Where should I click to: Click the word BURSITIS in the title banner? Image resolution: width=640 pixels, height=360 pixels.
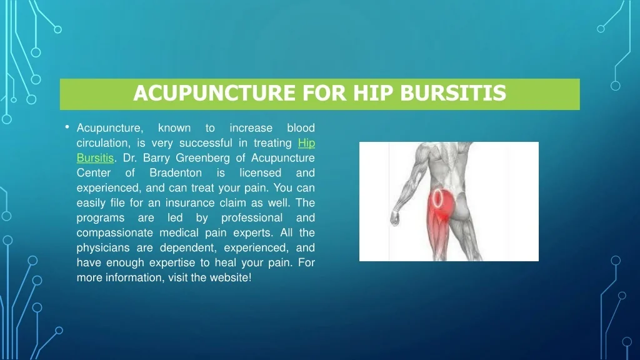click(453, 93)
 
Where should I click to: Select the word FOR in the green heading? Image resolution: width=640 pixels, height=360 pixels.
click(325, 93)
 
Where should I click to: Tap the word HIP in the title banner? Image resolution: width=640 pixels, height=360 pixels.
click(373, 93)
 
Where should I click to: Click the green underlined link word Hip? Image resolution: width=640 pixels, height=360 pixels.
click(306, 143)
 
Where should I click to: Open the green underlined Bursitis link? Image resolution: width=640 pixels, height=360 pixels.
click(95, 158)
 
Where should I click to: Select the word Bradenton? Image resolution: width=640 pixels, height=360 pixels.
click(176, 172)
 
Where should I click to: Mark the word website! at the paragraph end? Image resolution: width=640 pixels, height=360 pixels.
click(231, 277)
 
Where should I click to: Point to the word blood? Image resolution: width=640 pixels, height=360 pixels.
click(301, 128)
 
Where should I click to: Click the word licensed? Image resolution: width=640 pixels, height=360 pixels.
click(261, 172)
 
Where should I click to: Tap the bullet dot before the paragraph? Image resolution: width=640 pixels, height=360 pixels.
click(67, 127)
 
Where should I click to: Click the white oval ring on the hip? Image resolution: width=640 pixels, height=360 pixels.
click(433, 198)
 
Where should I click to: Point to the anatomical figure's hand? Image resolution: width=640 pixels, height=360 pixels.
click(395, 217)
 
